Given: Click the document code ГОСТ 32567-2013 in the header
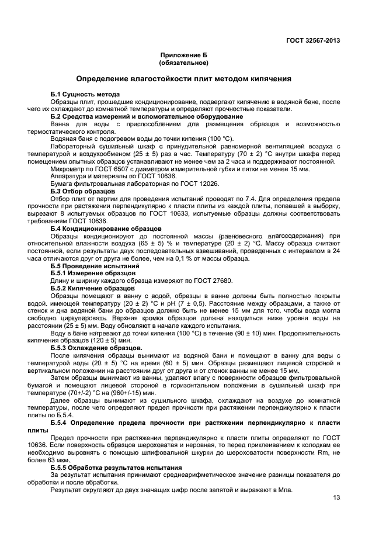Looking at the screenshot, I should [312, 41].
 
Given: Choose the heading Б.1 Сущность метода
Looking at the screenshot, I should [85, 94].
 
